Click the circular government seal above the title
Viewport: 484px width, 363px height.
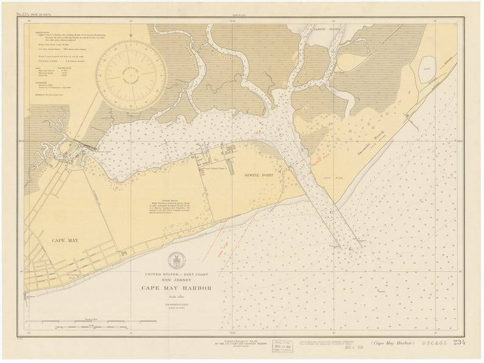point(176,260)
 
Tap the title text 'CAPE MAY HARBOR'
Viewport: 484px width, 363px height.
point(177,288)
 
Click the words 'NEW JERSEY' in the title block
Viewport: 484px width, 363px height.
point(177,281)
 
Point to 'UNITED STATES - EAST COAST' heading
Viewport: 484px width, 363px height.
point(176,275)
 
